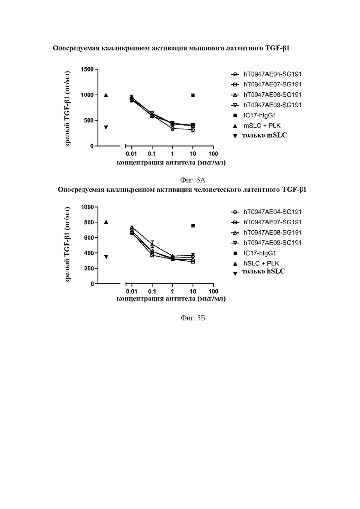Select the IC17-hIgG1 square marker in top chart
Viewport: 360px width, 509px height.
193,95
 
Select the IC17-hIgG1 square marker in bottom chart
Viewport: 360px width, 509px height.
193,226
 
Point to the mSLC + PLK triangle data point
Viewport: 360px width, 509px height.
106,95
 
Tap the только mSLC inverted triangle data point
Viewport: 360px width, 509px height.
106,127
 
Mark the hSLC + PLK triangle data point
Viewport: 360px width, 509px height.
106,222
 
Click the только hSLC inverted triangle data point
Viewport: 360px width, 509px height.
106,257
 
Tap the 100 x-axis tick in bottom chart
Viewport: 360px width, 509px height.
213,292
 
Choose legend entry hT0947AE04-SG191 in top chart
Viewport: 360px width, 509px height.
272,74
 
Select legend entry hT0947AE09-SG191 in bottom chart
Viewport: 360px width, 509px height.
272,243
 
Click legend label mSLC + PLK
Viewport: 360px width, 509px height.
261,126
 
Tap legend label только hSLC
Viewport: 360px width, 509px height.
264,272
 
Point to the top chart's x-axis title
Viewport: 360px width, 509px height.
171,162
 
